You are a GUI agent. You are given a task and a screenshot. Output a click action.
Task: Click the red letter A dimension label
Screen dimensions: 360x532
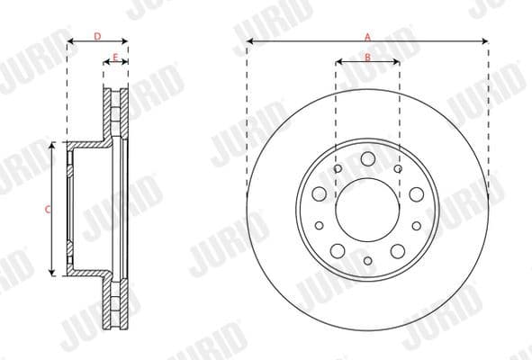click(x=367, y=37)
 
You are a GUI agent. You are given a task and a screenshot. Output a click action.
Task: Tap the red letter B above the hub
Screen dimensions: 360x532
click(x=367, y=58)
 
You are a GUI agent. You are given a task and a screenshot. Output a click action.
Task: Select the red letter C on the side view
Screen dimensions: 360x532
click(x=47, y=208)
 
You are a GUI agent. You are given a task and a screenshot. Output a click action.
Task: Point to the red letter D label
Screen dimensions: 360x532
click(x=97, y=37)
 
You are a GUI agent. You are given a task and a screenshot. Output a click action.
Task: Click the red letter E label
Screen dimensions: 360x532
click(x=114, y=58)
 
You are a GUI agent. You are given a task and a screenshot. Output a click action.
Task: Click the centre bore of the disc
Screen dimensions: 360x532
click(x=367, y=208)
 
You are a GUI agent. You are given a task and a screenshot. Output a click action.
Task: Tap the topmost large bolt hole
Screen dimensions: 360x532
click(x=367, y=159)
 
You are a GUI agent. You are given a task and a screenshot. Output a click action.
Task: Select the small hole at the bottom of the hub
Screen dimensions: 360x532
click(x=367, y=261)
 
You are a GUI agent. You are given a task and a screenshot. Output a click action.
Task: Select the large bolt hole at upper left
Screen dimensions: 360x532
click(x=320, y=193)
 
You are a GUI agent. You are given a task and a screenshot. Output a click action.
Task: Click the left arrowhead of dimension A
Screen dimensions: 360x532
click(x=249, y=41)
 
